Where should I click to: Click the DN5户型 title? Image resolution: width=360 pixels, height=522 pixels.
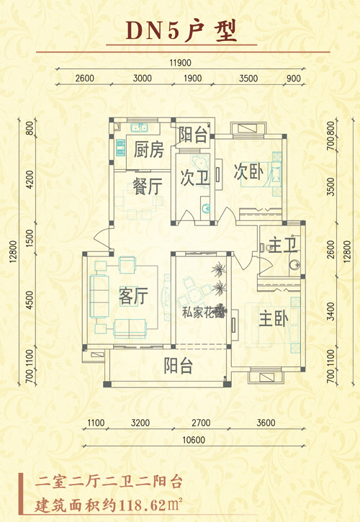181,31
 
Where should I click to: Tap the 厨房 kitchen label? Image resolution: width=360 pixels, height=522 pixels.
149,150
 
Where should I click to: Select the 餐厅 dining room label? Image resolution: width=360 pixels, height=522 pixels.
148,186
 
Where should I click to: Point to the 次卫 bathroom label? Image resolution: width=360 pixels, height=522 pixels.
195,178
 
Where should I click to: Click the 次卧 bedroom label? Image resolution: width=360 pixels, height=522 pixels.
249,171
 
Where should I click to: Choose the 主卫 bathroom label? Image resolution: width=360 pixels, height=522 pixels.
283,245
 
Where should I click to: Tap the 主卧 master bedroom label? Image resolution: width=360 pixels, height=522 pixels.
274,318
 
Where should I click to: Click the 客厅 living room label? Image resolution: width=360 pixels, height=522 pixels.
133,296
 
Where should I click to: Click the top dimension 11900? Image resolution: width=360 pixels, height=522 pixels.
180,63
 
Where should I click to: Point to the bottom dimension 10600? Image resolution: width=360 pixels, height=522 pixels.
194,440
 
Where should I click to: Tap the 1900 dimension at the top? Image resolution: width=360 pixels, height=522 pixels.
192,78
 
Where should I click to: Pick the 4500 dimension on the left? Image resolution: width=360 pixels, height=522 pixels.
30,300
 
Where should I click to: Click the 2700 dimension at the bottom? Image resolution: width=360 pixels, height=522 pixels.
201,423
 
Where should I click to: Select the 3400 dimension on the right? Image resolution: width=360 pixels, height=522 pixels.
330,311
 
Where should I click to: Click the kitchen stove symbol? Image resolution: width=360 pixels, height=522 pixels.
120,148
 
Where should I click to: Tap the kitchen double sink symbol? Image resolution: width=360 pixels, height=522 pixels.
139,127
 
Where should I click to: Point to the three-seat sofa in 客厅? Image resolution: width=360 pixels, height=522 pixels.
99,297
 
